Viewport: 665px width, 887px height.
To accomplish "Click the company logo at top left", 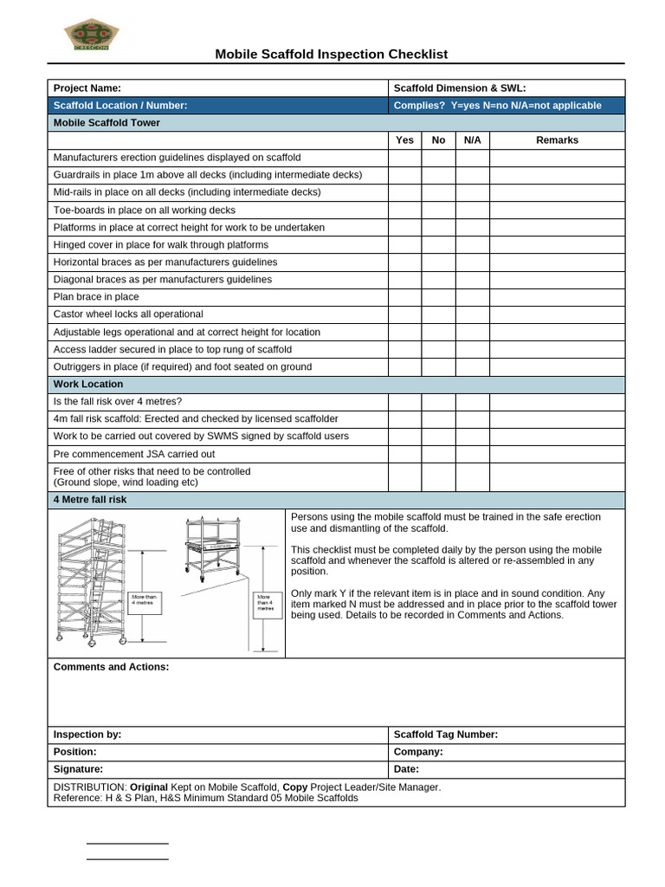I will click(91, 36).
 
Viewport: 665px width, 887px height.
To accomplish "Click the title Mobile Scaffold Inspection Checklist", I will click(332, 54).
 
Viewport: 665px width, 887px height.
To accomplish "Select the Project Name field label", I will click(87, 87).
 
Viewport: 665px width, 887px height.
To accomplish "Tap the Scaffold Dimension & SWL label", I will click(460, 87).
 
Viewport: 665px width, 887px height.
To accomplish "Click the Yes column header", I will click(404, 139).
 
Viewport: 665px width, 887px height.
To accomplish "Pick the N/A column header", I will click(473, 139).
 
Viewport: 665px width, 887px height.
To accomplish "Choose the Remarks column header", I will click(557, 139).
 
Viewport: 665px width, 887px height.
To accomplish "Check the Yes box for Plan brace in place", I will click(404, 297).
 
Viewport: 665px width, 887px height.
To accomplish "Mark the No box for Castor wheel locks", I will click(439, 314).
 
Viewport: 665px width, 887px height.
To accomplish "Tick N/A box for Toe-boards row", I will click(473, 210).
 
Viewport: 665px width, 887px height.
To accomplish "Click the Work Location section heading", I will click(88, 384).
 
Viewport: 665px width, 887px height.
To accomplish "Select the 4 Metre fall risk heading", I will click(90, 500).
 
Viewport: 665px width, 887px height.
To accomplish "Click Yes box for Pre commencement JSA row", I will click(404, 454).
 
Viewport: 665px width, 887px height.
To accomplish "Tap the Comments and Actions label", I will click(112, 666).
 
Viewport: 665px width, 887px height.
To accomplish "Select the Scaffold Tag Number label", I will click(446, 734).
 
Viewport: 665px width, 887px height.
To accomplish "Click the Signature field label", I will click(78, 768).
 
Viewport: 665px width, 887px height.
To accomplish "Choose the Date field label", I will click(406, 768).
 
